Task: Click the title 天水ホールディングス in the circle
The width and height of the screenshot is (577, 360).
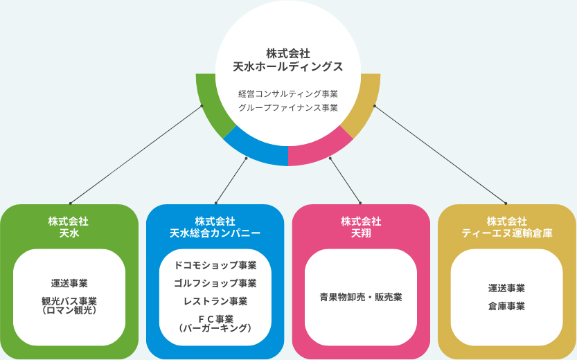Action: click(x=287, y=66)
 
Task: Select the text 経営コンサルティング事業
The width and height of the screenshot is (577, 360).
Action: click(x=287, y=93)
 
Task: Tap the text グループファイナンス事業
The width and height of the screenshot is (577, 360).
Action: click(x=287, y=108)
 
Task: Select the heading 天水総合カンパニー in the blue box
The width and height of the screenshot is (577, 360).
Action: click(x=215, y=234)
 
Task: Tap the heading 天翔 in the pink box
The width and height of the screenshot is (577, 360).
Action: click(x=361, y=234)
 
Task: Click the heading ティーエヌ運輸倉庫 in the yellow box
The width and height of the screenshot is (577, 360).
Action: click(x=507, y=234)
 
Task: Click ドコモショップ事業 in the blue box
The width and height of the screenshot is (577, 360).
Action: click(x=215, y=265)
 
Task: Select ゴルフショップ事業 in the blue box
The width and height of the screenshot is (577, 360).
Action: click(x=215, y=283)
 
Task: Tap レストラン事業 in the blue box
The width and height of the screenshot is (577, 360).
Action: click(x=215, y=301)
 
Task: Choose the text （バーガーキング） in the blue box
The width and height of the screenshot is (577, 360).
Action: click(x=215, y=328)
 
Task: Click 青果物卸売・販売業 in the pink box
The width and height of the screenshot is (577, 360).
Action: click(x=361, y=297)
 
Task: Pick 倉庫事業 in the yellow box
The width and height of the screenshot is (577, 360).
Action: click(x=507, y=306)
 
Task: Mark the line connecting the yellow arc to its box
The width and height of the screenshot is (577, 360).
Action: click(x=440, y=154)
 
